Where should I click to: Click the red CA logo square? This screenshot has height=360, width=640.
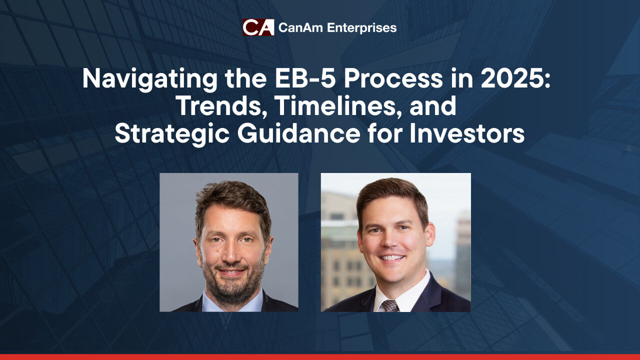tap(258, 27)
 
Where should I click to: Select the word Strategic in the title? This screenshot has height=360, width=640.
tap(171, 134)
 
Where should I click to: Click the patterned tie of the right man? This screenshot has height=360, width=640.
tap(390, 305)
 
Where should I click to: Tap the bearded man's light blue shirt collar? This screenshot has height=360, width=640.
tap(232, 303)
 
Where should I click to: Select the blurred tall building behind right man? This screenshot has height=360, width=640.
tap(462, 254)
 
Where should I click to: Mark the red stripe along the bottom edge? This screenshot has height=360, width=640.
tap(320, 357)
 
